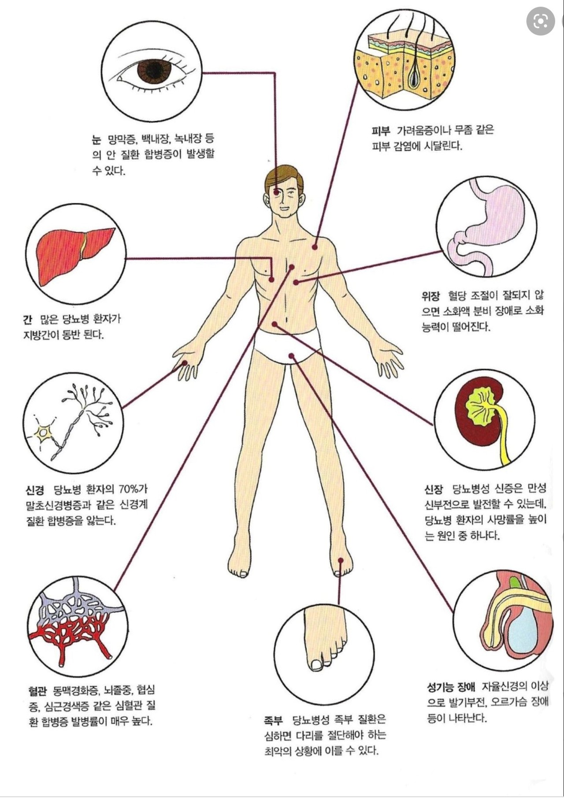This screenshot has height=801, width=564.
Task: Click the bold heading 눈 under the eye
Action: (x=96, y=140)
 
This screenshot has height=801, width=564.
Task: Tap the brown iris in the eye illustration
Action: (x=154, y=70)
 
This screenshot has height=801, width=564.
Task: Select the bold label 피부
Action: (x=381, y=130)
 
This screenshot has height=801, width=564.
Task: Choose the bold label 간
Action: (x=27, y=319)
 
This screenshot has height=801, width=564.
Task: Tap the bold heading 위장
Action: (x=430, y=296)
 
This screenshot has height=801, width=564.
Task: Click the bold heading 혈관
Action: (x=37, y=690)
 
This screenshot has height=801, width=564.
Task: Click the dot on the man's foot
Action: (x=341, y=560)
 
